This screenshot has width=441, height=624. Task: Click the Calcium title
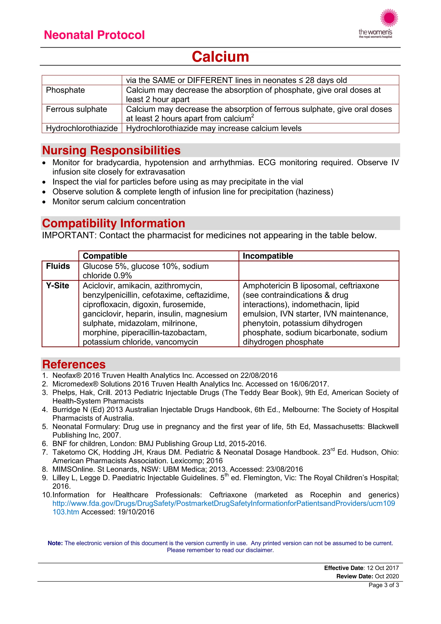[x=220, y=57]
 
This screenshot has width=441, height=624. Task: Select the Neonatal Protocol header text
[x=94, y=35]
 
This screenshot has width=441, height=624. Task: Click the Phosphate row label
[x=65, y=90]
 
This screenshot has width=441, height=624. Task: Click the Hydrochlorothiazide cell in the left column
[x=82, y=128]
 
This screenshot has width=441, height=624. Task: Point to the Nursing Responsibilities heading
[x=111, y=150]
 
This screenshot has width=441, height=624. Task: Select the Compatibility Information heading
[x=113, y=223]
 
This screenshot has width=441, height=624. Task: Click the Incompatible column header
[x=268, y=256]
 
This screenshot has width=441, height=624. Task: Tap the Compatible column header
[x=105, y=256]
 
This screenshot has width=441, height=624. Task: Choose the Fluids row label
[x=58, y=266]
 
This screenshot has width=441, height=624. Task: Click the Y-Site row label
[x=57, y=286]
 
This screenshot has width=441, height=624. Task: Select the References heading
[x=74, y=364]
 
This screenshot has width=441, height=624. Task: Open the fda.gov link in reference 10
[x=224, y=503]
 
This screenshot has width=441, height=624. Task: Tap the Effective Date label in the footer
[x=343, y=568]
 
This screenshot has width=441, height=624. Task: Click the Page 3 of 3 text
[x=384, y=585]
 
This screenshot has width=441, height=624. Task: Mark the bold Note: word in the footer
[x=55, y=543]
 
